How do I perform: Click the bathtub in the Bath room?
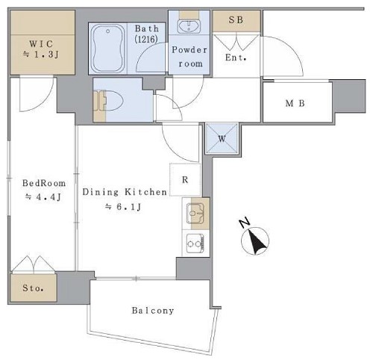coord(107,49)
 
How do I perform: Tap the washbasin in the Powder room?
coord(189,27)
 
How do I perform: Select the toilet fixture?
coord(109,101)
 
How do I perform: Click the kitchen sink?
coord(195,214)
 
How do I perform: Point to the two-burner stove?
coord(195,243)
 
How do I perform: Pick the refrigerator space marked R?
coord(185,179)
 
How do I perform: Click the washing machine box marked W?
coord(222,138)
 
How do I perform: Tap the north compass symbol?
coord(255,240)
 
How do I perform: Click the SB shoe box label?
coord(236,20)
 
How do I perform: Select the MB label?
coord(295,103)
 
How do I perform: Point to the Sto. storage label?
coord(33,288)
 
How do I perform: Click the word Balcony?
coord(153,311)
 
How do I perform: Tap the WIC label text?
coord(41,44)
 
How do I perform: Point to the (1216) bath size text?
coord(146,39)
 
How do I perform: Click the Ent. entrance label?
coord(236,58)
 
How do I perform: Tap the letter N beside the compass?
coord(245,223)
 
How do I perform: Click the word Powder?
coord(189,50)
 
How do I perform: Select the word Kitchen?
coord(145,192)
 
